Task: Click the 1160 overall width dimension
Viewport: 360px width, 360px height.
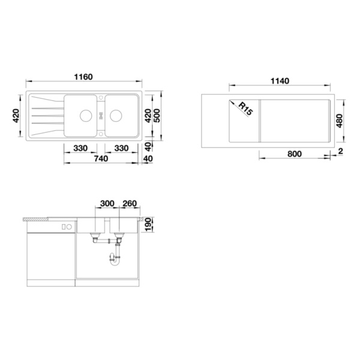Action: [83, 77]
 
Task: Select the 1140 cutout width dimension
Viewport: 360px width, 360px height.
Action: [280, 81]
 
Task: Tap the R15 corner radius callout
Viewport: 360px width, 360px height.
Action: [245, 109]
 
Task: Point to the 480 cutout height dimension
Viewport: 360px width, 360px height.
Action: [339, 121]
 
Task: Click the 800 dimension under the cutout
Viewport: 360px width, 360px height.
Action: [295, 154]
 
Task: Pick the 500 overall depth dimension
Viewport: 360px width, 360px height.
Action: [157, 115]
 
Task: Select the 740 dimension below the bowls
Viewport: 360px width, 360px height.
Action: [101, 158]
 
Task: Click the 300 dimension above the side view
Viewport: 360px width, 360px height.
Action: [107, 203]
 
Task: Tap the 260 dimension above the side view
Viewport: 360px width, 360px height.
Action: [130, 203]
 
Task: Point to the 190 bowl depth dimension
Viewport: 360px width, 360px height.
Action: [148, 225]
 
